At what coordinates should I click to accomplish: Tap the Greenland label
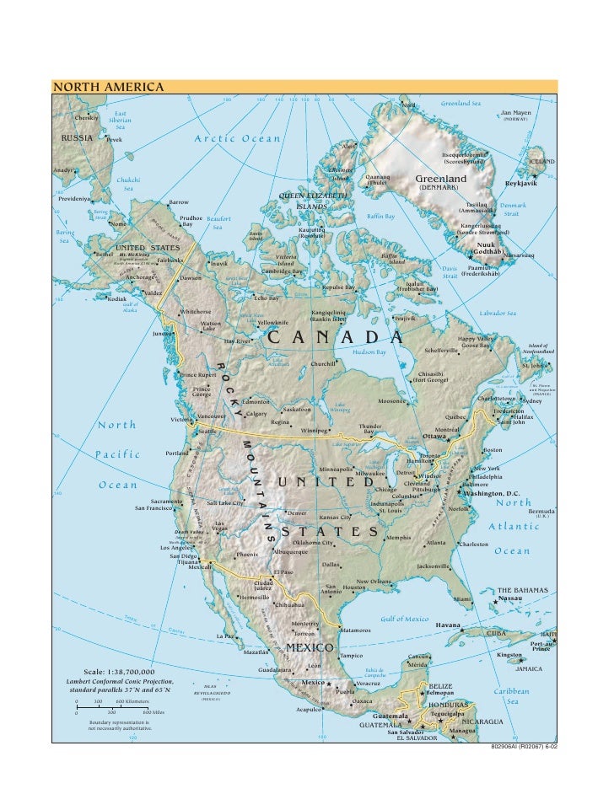tap(440, 180)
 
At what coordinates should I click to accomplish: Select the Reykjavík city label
tap(520, 183)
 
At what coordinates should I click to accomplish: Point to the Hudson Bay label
tap(369, 352)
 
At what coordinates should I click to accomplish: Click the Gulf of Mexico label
tap(406, 619)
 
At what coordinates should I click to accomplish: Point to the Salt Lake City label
tap(225, 503)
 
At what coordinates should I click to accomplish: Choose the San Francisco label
tap(154, 508)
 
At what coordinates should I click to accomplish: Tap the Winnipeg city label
tap(314, 430)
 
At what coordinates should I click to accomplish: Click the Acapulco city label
tap(309, 710)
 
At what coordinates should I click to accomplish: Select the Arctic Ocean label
tap(237, 138)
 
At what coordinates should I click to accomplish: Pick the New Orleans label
tap(374, 582)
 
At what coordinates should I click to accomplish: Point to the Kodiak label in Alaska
tap(116, 298)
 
